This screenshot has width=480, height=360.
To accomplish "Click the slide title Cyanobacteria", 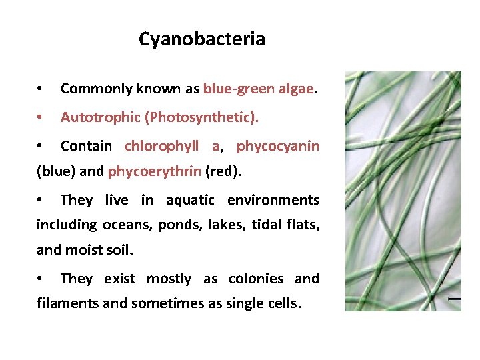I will pos(201,39).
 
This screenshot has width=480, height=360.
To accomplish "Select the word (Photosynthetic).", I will pos(203,117).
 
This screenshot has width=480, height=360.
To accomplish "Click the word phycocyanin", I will pos(278,146).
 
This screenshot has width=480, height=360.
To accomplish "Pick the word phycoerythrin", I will pos(154,171).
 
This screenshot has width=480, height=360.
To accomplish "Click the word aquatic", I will pos(190,200).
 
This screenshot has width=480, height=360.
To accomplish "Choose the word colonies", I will pos(256,279).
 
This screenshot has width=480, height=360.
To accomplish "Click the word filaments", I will pos(64,304).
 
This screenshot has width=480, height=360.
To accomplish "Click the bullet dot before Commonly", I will pos(41,89).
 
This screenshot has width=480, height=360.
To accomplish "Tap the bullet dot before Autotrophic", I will pos(41,118).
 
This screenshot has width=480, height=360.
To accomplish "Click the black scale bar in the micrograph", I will pos(454,299).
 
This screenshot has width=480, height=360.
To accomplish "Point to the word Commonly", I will pos(95,89).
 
